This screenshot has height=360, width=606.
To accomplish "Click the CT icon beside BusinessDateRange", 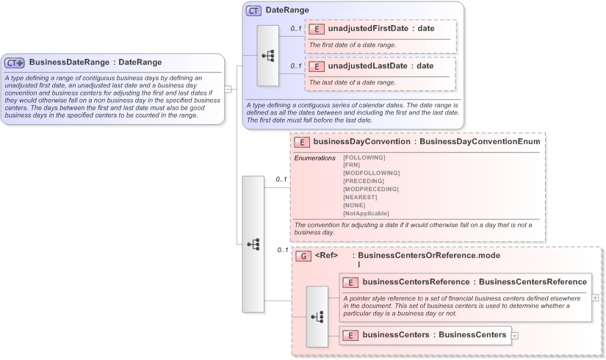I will pyautogui.click(x=15, y=62).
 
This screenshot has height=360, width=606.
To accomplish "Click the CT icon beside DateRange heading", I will pyautogui.click(x=253, y=11).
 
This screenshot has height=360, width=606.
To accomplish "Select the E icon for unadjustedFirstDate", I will pyautogui.click(x=317, y=29).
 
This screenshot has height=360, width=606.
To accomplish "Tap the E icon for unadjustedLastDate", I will pyautogui.click(x=317, y=66).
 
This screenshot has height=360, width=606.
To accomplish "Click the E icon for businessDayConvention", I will pyautogui.click(x=301, y=143).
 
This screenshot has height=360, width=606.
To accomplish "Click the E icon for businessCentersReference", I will pyautogui.click(x=351, y=282).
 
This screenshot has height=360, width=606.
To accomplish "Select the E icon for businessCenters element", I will pyautogui.click(x=351, y=335).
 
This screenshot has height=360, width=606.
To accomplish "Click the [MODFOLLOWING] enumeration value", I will pyautogui.click(x=371, y=173).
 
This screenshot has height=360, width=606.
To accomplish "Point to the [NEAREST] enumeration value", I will pyautogui.click(x=360, y=197).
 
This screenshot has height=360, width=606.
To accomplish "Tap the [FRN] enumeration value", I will pyautogui.click(x=351, y=165).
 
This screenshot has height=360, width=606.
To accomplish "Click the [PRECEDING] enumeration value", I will pyautogui.click(x=364, y=181).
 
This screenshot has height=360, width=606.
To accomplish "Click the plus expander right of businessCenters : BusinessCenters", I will pyautogui.click(x=515, y=336).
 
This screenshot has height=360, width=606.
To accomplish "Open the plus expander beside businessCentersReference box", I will pyautogui.click(x=595, y=298).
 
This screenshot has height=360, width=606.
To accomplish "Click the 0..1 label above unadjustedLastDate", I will pyautogui.click(x=295, y=65).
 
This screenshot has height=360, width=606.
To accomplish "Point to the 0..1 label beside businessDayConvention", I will pyautogui.click(x=281, y=179).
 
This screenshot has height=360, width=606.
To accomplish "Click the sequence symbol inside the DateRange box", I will pyautogui.click(x=267, y=56).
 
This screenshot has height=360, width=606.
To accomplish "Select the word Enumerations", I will pyautogui.click(x=314, y=158).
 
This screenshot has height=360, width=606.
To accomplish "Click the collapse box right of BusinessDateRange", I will pyautogui.click(x=228, y=89).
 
